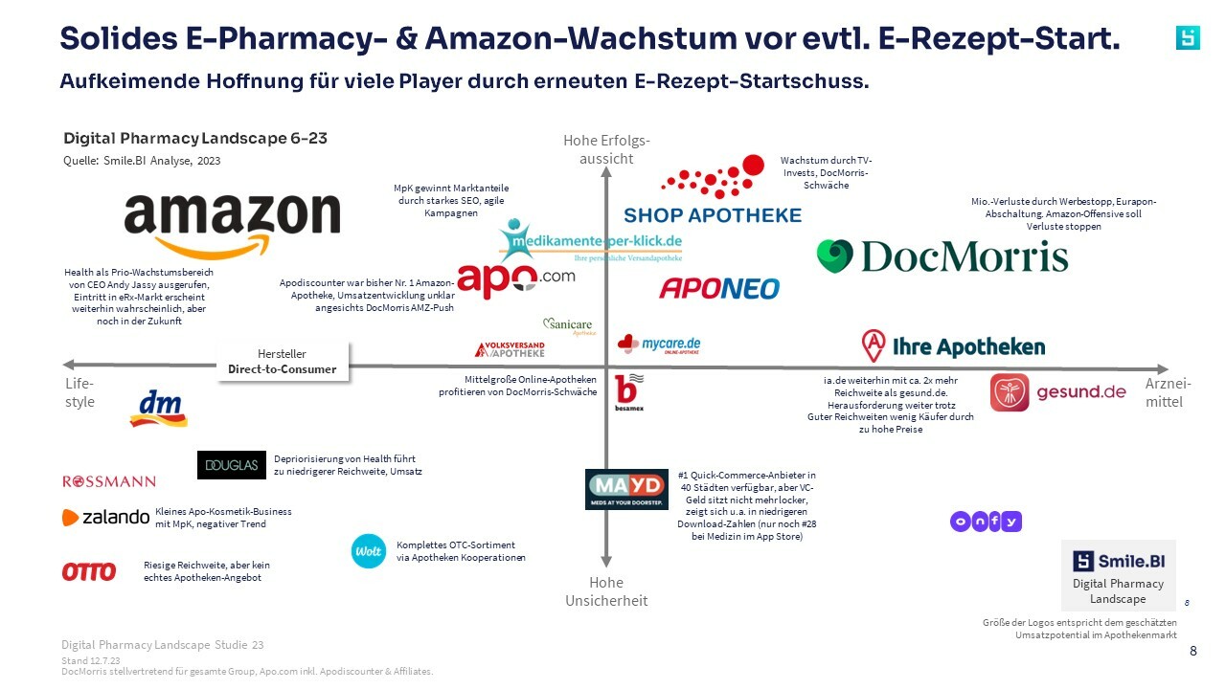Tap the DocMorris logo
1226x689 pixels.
[942, 256]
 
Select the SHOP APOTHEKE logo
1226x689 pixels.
[714, 196]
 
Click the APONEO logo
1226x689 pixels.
[719, 287]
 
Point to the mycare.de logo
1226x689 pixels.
[659, 344]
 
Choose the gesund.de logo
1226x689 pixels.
[1057, 392]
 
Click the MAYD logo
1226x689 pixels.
[626, 489]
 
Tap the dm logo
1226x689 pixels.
[158, 409]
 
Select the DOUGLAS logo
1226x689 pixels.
[231, 465]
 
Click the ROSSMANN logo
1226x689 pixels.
[109, 481]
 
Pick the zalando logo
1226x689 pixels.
[105, 518]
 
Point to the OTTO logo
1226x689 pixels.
[89, 571]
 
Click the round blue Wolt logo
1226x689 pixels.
[368, 551]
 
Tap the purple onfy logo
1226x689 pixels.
[986, 522]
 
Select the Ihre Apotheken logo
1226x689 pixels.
[953, 345]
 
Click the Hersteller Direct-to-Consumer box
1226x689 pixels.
[283, 362]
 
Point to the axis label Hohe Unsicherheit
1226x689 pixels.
[606, 591]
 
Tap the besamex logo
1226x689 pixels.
[629, 392]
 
